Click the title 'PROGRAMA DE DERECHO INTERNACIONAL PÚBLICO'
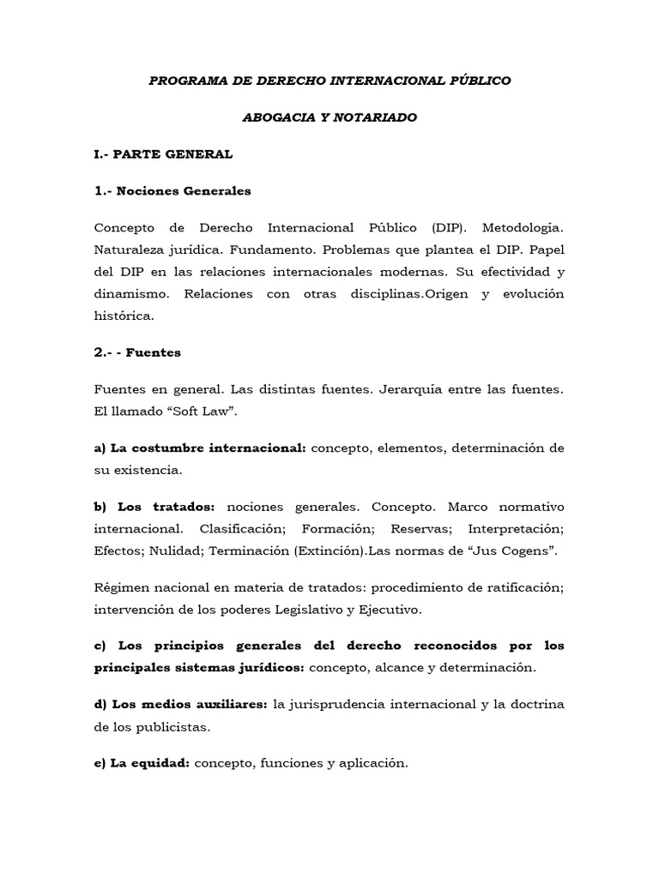tap(329, 81)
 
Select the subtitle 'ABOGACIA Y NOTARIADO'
tap(329, 117)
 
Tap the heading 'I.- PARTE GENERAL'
tap(163, 154)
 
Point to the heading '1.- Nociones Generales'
tap(172, 191)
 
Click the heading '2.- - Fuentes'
tap(137, 352)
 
